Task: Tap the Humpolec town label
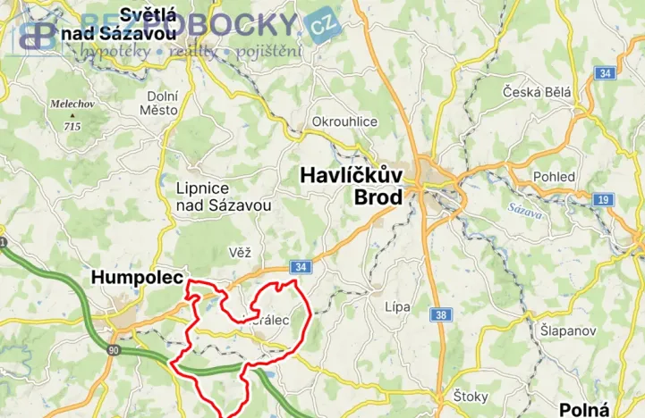[137, 279]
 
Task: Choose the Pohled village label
[554, 177]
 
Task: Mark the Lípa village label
[396, 307]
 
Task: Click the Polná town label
[584, 409]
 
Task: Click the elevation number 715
[72, 127]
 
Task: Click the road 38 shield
[441, 314]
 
